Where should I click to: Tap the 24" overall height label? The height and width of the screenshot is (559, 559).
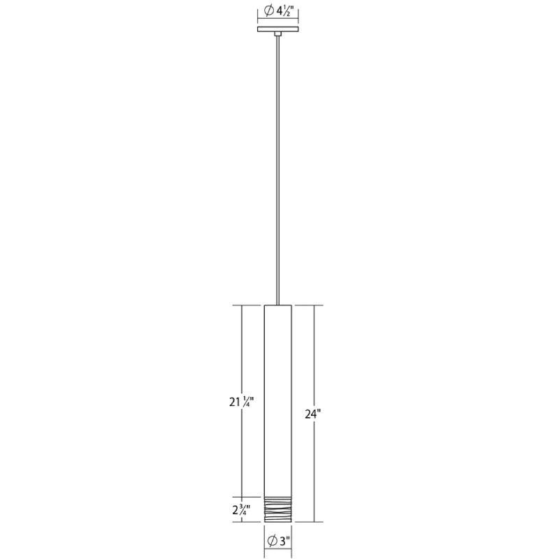click(x=313, y=414)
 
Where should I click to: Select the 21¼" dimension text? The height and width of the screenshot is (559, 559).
click(x=241, y=402)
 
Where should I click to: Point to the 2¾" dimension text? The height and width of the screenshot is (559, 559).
click(x=241, y=510)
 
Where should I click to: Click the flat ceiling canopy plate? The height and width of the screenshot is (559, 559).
click(x=278, y=29)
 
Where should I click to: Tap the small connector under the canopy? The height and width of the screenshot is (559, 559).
click(x=277, y=34)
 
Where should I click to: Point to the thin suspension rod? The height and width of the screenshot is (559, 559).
click(x=277, y=170)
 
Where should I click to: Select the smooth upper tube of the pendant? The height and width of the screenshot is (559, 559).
click(x=278, y=400)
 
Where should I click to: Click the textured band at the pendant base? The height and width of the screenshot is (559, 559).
click(x=278, y=509)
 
